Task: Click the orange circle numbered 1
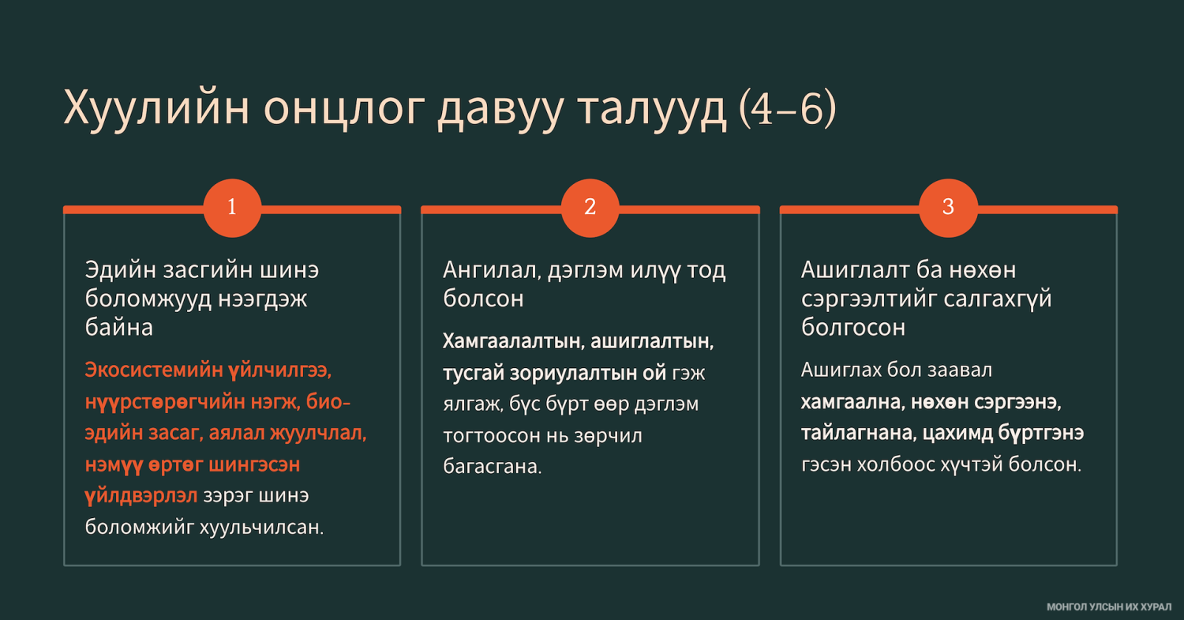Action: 232,208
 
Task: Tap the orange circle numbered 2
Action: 590,208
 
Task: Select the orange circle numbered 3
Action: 948,208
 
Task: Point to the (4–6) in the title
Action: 787,109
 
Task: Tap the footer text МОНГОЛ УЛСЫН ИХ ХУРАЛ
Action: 1109,607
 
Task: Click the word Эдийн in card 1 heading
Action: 120,270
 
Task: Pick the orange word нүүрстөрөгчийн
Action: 165,402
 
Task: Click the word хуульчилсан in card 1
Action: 261,527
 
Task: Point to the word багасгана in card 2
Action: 492,466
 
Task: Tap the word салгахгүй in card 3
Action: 998,300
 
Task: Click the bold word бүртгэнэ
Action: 1041,434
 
